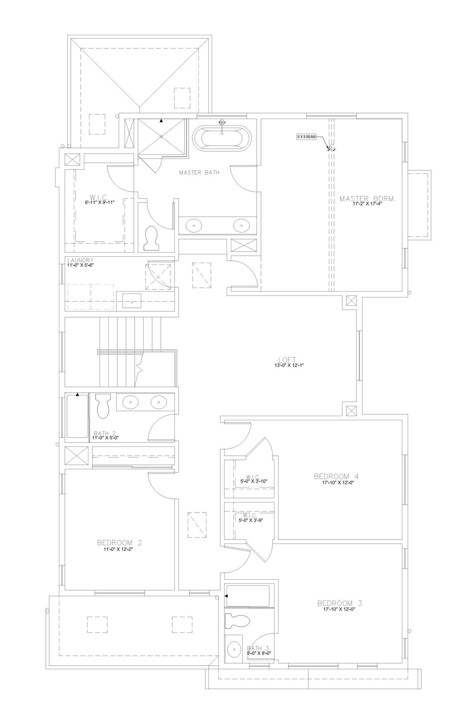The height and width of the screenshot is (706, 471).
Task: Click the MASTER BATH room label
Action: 199,172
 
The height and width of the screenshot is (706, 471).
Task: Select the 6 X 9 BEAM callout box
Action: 306,137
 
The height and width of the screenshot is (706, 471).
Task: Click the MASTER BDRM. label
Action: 367,199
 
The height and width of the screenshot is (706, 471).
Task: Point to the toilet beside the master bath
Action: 151,238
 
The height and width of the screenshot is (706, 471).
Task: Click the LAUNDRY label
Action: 80,260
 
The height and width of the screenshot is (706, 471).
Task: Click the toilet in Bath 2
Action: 103,406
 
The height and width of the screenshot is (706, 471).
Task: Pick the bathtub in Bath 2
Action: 77,416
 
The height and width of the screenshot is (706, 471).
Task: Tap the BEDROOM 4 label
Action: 336,476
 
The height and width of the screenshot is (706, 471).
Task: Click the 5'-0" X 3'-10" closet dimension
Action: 254,481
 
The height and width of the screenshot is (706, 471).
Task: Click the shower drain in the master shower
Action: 161,137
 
